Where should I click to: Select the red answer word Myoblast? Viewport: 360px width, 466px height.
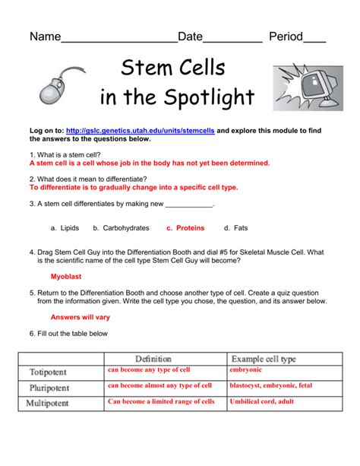coord(66,277)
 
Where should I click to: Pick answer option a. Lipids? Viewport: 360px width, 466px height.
coord(65,227)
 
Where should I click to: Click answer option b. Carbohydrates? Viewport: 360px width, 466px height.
coord(121,227)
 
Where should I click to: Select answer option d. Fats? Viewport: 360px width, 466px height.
coord(235,227)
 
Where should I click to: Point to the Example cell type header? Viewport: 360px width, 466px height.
coord(262,358)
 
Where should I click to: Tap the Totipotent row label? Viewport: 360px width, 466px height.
coord(48,372)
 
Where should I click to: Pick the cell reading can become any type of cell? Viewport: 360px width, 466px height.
coord(149,370)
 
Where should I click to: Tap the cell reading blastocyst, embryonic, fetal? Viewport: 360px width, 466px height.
coord(270,386)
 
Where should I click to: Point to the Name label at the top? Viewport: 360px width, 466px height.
coord(45,36)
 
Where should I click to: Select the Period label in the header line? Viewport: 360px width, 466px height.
coord(286,36)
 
